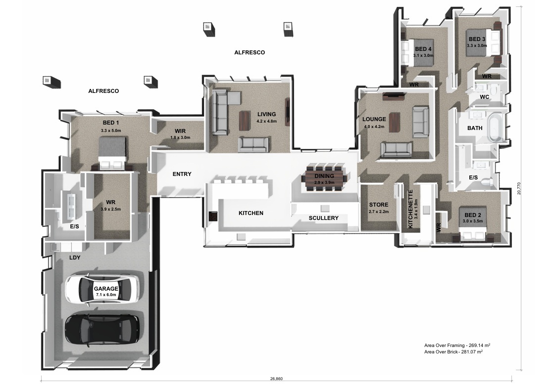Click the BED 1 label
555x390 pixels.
[111, 123]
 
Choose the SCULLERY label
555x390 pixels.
[323, 218]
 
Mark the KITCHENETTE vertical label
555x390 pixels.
[410, 209]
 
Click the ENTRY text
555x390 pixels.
[182, 174]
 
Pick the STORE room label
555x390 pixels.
[379, 205]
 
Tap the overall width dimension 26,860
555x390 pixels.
[276, 379]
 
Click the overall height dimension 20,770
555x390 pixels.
[519, 188]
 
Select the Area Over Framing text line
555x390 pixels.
[457, 345]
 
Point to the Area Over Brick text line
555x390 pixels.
[454, 352]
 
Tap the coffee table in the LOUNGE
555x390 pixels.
[394, 122]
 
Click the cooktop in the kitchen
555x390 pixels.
[213, 216]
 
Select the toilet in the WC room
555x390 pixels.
[495, 90]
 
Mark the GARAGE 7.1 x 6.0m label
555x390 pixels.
[106, 291]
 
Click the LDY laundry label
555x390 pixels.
[75, 258]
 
